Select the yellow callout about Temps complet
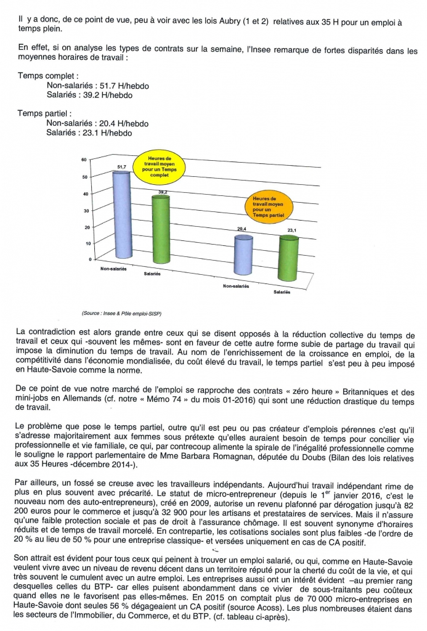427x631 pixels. pos(160,166)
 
